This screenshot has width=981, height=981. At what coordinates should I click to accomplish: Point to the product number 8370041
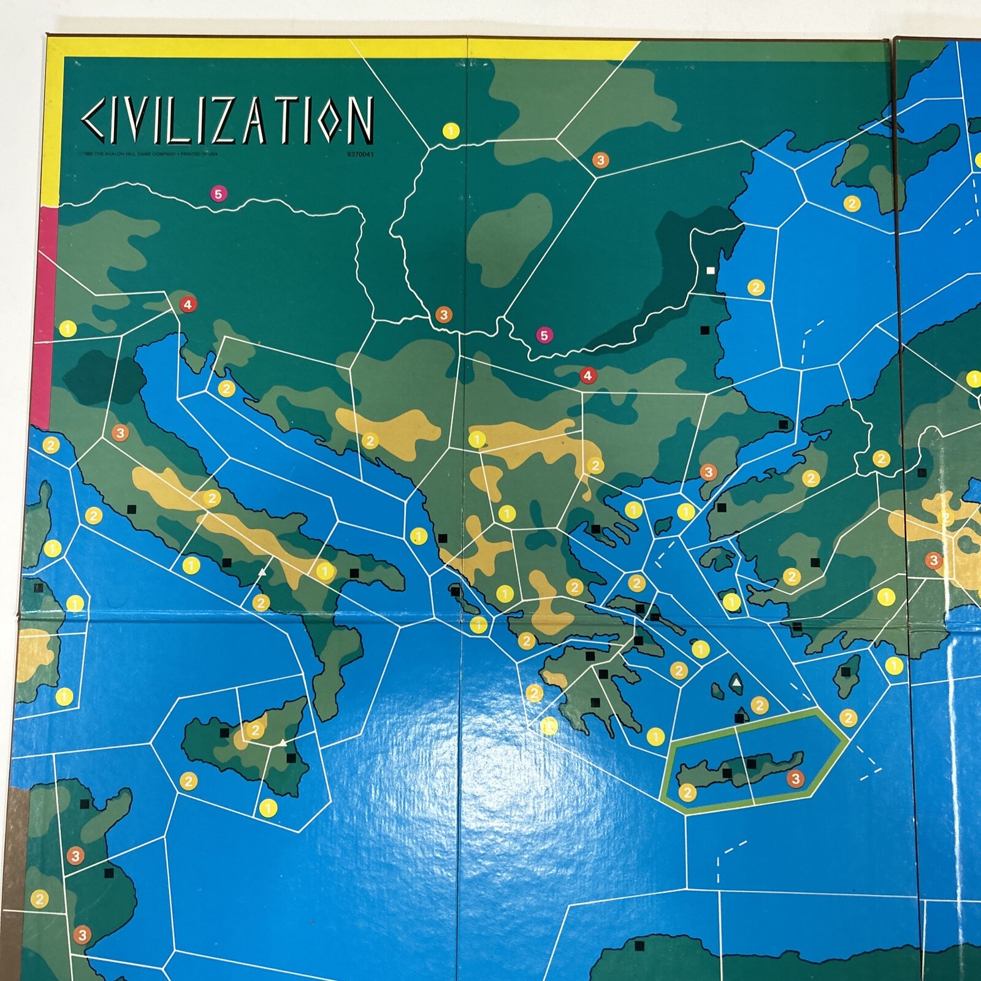[361, 155]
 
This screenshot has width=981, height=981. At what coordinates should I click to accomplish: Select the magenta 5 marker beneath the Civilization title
[218, 194]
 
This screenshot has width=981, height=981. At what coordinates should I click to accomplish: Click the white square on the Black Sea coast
[711, 270]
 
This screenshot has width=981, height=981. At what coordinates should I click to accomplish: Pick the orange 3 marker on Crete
[795, 779]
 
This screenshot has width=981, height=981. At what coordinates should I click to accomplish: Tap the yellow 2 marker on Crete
[687, 793]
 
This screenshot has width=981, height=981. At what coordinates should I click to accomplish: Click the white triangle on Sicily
[282, 742]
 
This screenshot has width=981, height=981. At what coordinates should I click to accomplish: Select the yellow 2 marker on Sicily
[255, 730]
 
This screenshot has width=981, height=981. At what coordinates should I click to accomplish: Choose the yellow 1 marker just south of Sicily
[268, 808]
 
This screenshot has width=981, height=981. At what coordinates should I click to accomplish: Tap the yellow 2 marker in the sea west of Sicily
[188, 781]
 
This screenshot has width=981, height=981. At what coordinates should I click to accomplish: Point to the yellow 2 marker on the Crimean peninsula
[852, 204]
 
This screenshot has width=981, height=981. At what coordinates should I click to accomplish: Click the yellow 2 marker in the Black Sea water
[756, 287]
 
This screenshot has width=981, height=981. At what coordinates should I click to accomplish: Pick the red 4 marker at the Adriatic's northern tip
[188, 303]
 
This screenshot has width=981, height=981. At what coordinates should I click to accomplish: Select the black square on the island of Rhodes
[846, 673]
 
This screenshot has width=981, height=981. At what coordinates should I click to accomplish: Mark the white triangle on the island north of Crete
[736, 682]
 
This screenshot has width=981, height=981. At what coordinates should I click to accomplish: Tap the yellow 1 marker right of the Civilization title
[451, 131]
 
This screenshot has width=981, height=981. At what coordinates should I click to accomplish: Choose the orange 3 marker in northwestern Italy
[120, 433]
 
